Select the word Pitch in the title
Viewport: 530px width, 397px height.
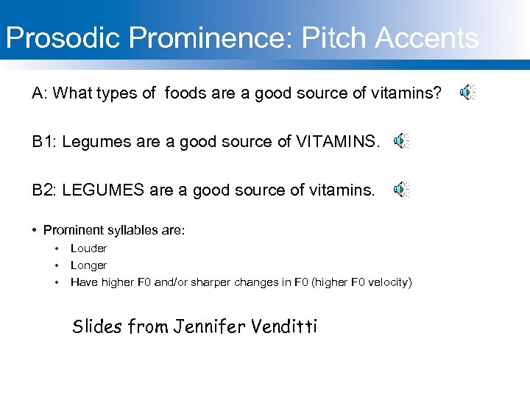[x=328, y=38]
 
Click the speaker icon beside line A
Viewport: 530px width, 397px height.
[x=467, y=93]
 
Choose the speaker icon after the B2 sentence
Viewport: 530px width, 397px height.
[x=400, y=190]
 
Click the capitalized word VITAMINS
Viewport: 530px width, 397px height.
[x=339, y=142]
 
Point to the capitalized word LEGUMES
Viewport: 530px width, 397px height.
[x=103, y=190]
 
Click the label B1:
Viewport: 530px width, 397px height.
[x=44, y=142]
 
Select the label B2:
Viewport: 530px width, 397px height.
[x=44, y=190]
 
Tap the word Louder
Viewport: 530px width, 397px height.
[x=88, y=248]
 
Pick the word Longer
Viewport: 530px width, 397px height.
[x=88, y=265]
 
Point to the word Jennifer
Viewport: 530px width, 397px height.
[x=210, y=326]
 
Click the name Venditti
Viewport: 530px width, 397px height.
[x=283, y=326]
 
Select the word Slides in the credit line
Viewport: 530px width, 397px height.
[x=96, y=326]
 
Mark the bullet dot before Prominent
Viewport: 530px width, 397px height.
[x=35, y=231]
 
